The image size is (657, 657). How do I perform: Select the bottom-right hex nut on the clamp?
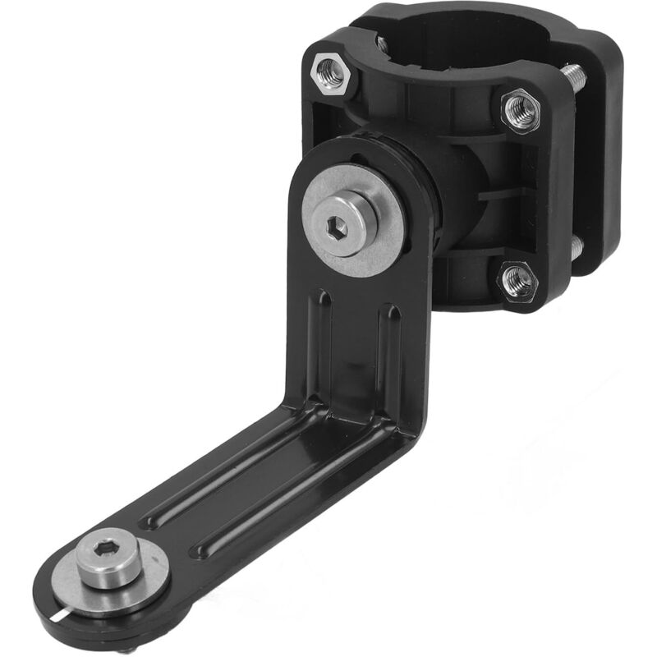click(x=519, y=282)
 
